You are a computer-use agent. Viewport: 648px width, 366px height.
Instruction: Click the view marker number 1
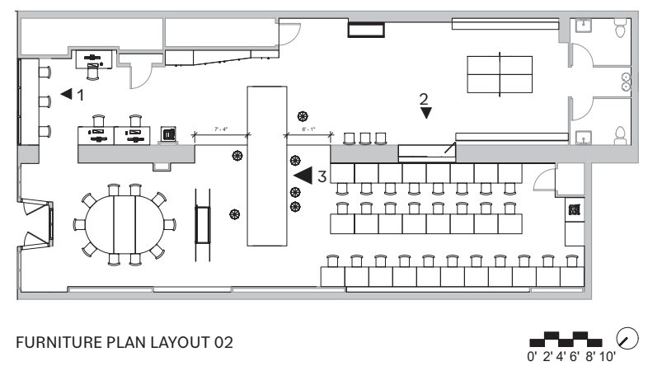80,95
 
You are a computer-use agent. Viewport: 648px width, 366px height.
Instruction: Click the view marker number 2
424,99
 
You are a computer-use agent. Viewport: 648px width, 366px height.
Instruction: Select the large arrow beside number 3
302,175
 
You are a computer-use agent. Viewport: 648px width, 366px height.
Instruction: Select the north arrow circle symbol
628,336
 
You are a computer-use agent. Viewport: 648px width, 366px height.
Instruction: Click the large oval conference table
124,225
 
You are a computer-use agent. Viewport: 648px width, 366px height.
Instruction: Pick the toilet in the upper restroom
621,30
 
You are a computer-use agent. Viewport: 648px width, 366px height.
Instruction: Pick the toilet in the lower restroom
620,135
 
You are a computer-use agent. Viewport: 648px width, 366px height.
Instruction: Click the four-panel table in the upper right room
500,74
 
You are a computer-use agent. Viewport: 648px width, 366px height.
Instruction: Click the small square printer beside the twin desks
168,134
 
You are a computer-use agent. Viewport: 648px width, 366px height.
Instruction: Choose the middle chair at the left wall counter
45,101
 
